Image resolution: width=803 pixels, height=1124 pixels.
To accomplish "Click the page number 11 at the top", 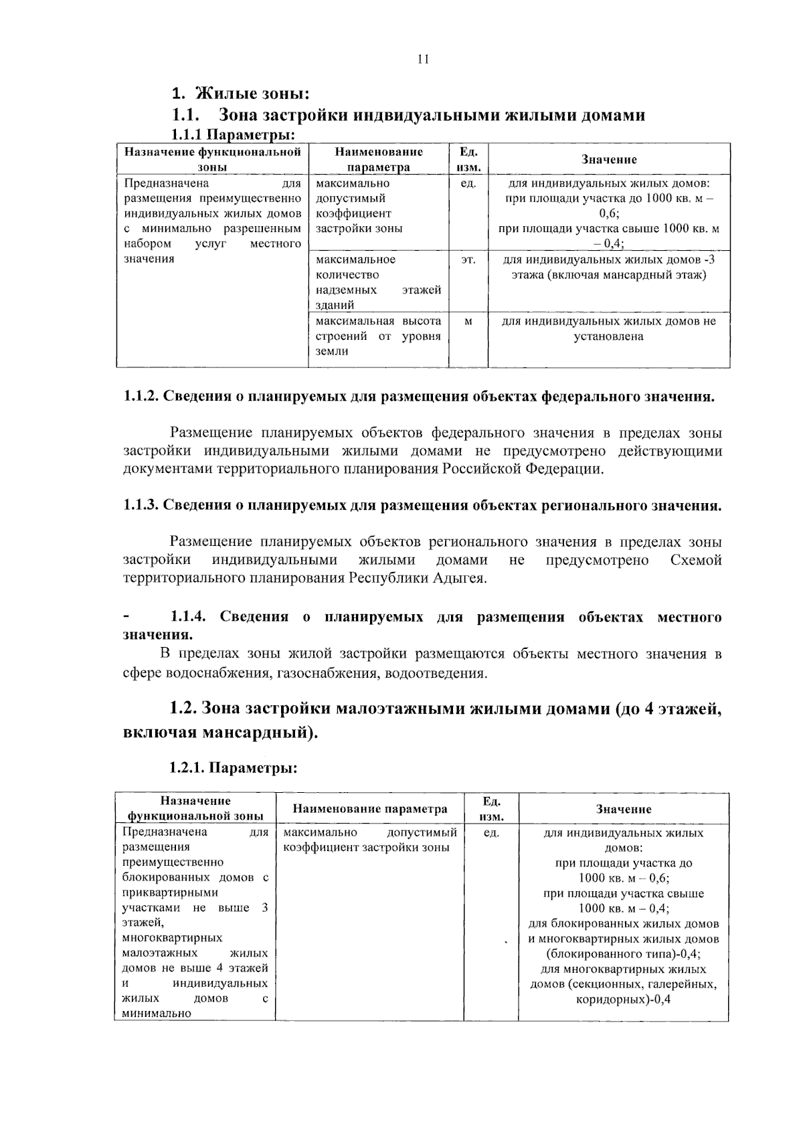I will pyautogui.click(x=422, y=59).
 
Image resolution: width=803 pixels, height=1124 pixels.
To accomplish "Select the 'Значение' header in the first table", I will pyautogui.click(x=608, y=159).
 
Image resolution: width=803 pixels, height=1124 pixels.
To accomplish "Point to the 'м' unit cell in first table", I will pyautogui.click(x=468, y=322).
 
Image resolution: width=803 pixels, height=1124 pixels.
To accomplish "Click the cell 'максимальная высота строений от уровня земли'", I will pyautogui.click(x=378, y=337).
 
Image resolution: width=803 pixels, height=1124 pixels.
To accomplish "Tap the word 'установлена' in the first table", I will pyautogui.click(x=608, y=337).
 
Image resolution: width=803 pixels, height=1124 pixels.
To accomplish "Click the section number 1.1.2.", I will pyautogui.click(x=141, y=397).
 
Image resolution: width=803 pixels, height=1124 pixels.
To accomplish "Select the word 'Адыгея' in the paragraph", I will pyautogui.click(x=458, y=578).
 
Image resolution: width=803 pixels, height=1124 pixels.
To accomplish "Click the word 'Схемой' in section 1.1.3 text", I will pyautogui.click(x=695, y=560).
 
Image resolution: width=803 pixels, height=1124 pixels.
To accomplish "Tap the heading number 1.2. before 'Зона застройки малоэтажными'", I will pyautogui.click(x=183, y=709).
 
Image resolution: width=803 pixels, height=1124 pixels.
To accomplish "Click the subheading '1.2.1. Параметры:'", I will pyautogui.click(x=233, y=768).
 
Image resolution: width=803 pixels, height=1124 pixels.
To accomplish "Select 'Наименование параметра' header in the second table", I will pyautogui.click(x=370, y=809).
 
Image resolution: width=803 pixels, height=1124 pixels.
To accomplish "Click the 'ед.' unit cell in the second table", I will pyautogui.click(x=491, y=833).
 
